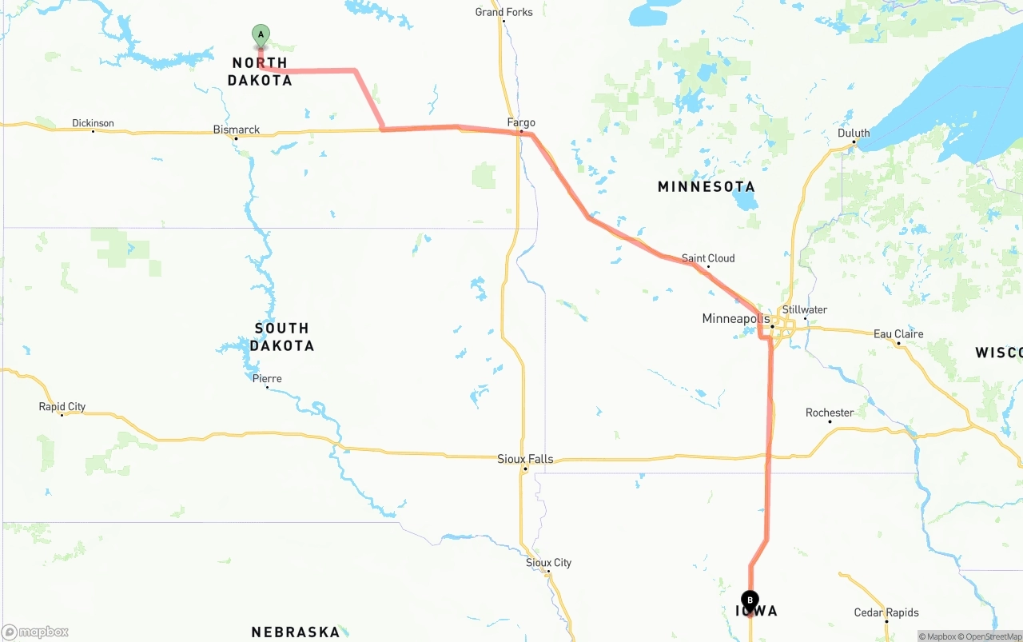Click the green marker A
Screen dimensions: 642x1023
pos(261,35)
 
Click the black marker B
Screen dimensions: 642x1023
pos(750,600)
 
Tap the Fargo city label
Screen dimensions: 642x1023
pos(521,122)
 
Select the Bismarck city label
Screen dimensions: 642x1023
pos(236,130)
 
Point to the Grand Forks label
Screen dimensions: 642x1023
pos(504,12)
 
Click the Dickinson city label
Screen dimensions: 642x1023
pos(93,123)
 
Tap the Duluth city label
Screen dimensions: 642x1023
pos(854,134)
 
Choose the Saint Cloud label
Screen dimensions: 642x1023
pos(708,258)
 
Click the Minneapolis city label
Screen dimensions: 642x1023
pos(735,319)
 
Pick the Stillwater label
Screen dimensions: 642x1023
pos(805,310)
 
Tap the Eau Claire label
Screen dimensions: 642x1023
pos(898,334)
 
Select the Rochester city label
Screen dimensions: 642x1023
pos(830,413)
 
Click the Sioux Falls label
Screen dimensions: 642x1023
pos(525,459)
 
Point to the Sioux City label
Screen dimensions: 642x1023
pos(548,563)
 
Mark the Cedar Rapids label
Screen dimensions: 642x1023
pos(886,613)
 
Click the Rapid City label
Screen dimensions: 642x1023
pos(62,407)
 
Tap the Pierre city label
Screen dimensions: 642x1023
pos(267,379)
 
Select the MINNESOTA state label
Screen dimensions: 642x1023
pos(707,187)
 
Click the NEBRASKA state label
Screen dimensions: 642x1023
pos(296,632)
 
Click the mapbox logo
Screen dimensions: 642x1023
pos(35,632)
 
